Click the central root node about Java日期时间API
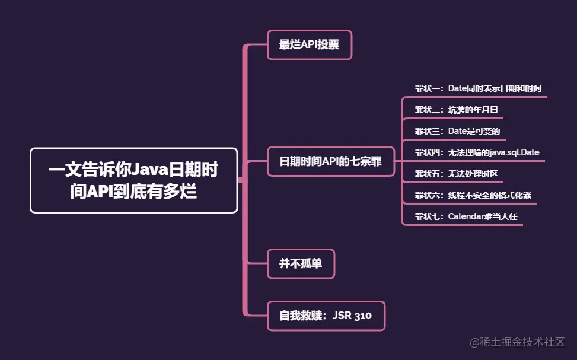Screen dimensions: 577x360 133,180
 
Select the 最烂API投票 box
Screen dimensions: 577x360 309,44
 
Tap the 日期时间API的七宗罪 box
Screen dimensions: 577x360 330,161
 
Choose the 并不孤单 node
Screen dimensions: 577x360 301,263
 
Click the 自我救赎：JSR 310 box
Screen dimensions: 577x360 326,316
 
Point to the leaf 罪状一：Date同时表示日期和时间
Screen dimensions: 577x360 478,88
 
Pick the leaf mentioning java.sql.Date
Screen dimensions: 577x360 477,152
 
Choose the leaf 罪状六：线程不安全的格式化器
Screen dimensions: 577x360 468,195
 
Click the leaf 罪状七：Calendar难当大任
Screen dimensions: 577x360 466,216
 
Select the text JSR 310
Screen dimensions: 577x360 352,316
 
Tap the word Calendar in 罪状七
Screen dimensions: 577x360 467,216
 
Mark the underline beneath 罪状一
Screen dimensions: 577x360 474,98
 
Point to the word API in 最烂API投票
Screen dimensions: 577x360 309,44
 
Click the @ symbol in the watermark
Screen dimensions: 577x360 474,343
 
